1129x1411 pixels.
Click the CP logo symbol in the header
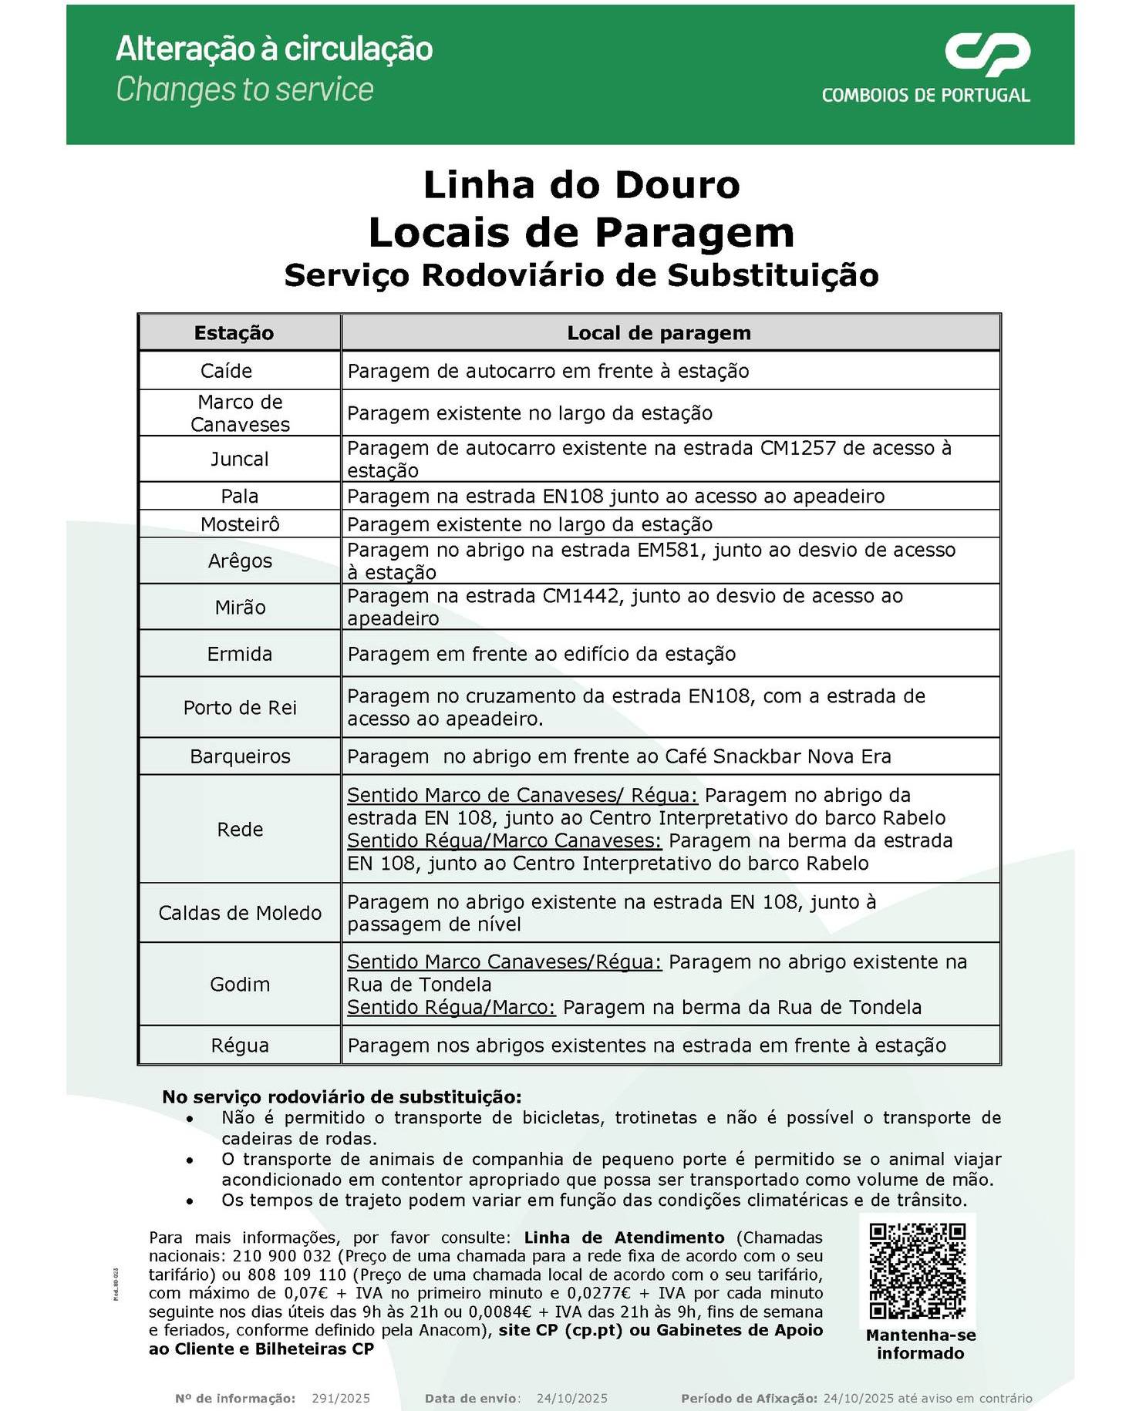click(987, 55)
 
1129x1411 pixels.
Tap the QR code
click(917, 1270)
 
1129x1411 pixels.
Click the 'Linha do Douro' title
click(581, 185)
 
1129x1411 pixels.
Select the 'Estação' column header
click(234, 333)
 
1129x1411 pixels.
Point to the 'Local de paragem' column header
click(659, 333)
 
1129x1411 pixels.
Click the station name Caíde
click(226, 371)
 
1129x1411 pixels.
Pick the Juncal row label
click(240, 460)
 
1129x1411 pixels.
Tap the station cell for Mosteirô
click(240, 525)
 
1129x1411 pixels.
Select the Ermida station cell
click(240, 655)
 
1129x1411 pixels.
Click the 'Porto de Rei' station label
click(240, 708)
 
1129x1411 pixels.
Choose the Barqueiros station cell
click(240, 756)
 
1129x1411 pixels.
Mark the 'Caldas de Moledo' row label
click(240, 913)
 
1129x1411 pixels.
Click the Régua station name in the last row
click(240, 1046)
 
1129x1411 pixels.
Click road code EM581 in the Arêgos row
click(670, 550)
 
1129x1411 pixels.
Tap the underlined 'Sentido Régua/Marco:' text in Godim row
click(451, 1008)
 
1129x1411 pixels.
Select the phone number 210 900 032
click(281, 1256)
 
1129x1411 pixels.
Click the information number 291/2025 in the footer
click(341, 1398)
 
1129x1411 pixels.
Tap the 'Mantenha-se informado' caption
click(920, 1344)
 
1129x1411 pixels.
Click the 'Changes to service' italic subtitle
click(244, 89)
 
